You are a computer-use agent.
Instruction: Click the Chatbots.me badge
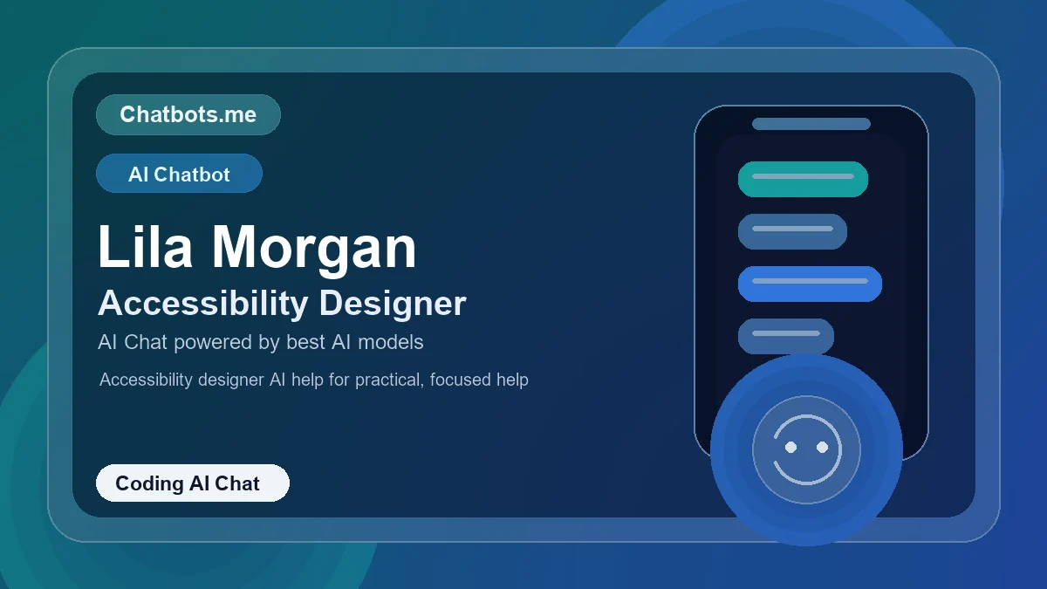(x=188, y=114)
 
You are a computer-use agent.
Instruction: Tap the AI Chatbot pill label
(x=179, y=174)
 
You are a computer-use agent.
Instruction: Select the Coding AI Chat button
(x=192, y=483)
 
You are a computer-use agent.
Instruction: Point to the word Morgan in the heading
(x=314, y=247)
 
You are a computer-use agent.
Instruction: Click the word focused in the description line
(x=460, y=380)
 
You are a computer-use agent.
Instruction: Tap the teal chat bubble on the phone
(x=803, y=179)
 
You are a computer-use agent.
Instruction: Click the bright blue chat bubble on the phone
(x=810, y=284)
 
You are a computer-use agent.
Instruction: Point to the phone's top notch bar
(x=811, y=124)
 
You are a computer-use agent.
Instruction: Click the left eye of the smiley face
(x=791, y=448)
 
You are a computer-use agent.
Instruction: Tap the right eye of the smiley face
(x=822, y=448)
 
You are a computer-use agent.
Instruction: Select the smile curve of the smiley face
(x=806, y=476)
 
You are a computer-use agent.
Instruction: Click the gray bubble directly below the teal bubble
(x=792, y=231)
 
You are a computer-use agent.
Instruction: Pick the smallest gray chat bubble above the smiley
(x=785, y=336)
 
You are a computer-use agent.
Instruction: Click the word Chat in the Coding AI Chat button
(x=237, y=483)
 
